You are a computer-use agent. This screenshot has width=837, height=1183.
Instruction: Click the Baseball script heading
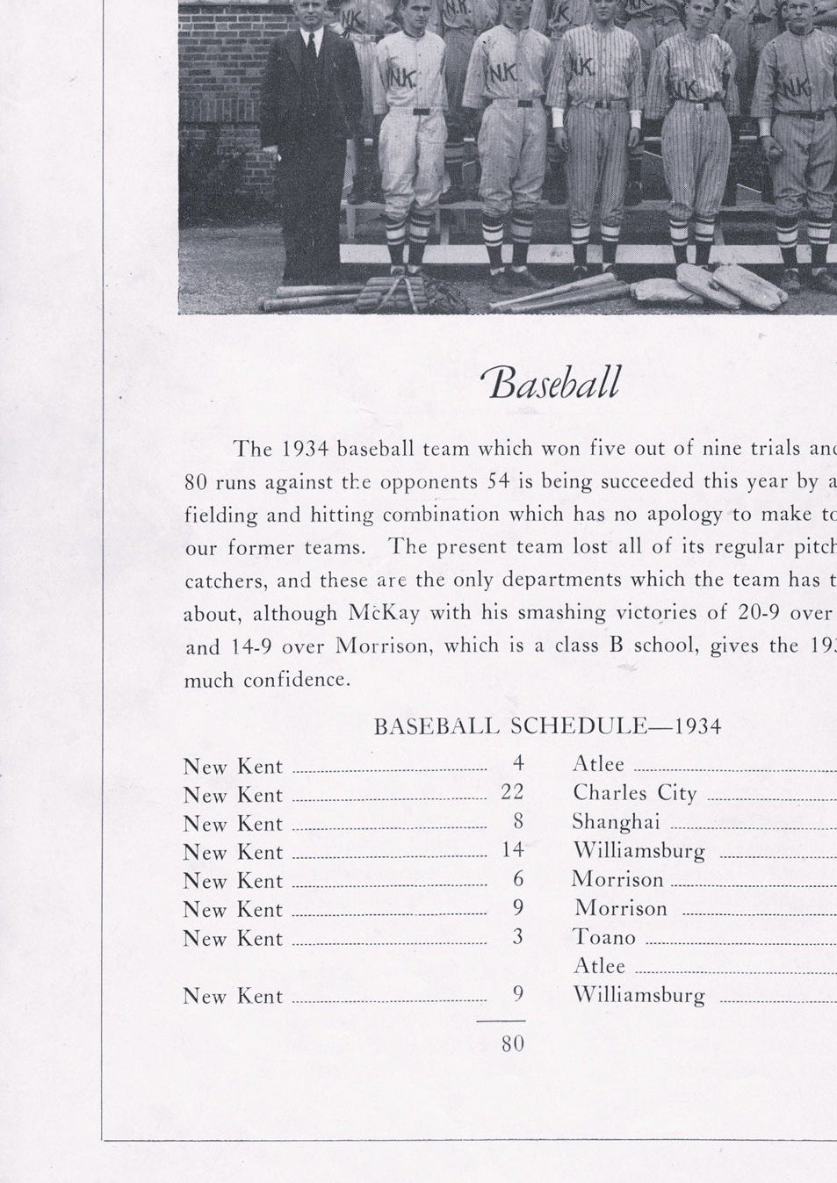[550, 383]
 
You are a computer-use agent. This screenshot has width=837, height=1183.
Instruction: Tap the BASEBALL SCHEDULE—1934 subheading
[547, 726]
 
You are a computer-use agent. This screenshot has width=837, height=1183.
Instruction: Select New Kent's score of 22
[512, 792]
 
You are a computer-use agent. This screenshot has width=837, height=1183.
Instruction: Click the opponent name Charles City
[634, 793]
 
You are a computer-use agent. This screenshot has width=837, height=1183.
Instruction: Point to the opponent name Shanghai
[616, 822]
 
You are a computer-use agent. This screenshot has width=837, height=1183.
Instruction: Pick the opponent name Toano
[603, 937]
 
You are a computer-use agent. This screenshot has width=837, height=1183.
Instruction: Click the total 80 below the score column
[513, 1043]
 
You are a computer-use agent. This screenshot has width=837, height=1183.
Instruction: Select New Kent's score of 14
[512, 850]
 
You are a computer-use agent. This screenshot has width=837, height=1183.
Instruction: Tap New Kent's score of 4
[518, 764]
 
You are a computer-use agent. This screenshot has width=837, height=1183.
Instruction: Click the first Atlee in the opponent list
[598, 764]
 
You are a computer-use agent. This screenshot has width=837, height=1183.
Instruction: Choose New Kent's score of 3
[518, 937]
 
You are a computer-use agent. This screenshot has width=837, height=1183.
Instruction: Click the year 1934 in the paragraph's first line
[305, 449]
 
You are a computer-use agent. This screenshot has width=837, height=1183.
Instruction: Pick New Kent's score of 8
[518, 821]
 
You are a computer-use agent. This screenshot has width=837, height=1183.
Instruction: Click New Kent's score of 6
[518, 879]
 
